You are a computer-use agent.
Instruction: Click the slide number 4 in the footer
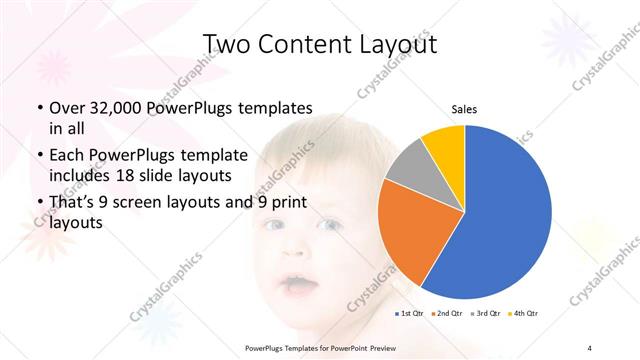[589, 347]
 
